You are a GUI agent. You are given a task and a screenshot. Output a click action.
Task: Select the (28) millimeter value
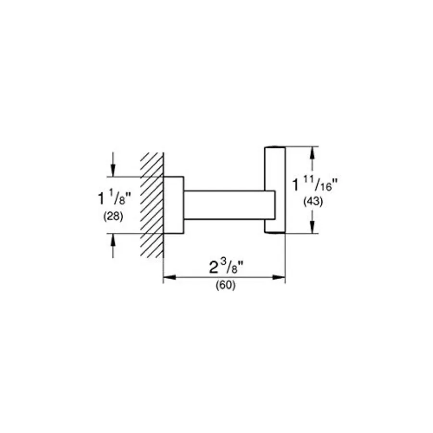[x=113, y=216]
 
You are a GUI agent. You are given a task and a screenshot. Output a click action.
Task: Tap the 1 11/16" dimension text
[x=315, y=184]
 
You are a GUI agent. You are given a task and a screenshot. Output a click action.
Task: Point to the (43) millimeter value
[x=313, y=202]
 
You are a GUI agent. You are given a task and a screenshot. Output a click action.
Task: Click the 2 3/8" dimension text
[x=226, y=267]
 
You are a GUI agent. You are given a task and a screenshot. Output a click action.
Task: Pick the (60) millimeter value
[x=226, y=285]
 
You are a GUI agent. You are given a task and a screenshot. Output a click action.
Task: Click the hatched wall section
[x=152, y=205]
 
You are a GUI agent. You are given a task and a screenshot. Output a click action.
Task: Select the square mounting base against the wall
[x=174, y=205]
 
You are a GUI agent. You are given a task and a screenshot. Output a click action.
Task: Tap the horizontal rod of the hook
[x=229, y=205]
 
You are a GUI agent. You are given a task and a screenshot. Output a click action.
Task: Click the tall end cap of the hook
[x=275, y=190]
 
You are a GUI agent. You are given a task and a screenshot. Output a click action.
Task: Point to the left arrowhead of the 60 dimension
[x=169, y=277]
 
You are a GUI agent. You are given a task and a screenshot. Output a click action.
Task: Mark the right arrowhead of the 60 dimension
[x=279, y=277]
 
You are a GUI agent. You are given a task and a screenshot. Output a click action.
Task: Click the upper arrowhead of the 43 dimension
[x=312, y=153]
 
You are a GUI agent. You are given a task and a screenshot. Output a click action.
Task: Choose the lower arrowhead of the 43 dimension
[x=312, y=227]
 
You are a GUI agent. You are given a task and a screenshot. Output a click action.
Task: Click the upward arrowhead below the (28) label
[x=113, y=240]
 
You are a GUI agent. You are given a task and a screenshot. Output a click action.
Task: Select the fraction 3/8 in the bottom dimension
[x=232, y=267]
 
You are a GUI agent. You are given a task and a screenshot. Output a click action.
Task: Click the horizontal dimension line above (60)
[x=224, y=277]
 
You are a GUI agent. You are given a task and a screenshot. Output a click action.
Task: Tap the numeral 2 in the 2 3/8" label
[x=214, y=267]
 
